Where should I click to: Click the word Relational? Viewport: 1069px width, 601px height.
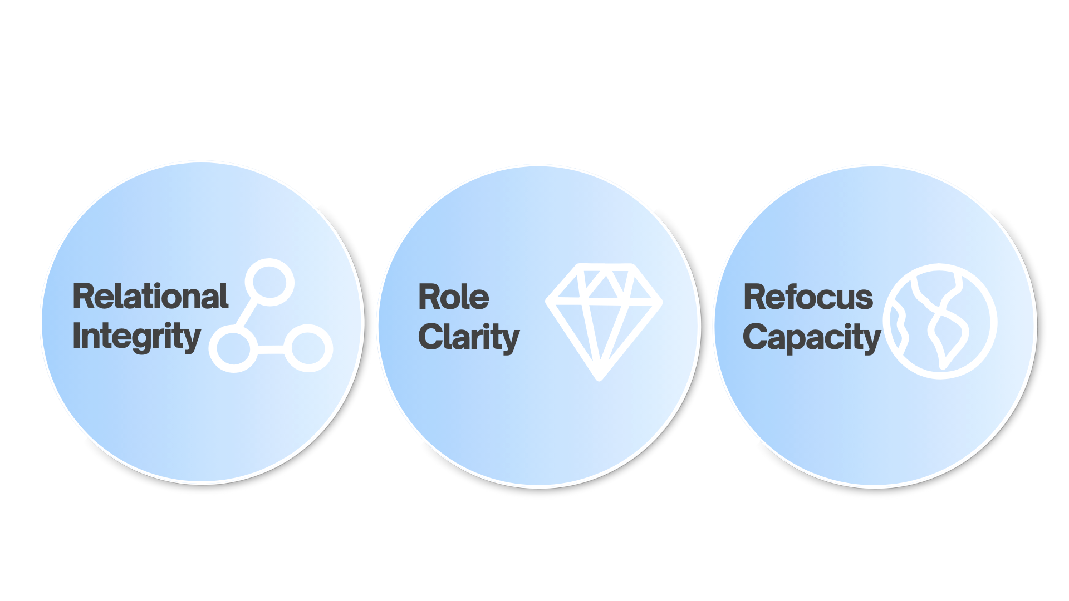tap(150, 296)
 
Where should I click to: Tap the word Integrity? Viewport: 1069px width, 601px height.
tap(136, 337)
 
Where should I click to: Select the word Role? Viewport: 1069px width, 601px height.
tap(453, 297)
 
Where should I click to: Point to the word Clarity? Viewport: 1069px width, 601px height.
tap(468, 338)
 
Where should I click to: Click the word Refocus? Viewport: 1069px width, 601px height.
tap(808, 297)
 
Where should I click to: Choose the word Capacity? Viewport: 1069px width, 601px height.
tap(811, 338)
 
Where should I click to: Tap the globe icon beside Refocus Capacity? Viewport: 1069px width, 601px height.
tap(940, 322)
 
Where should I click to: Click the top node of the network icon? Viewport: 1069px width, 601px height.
tap(269, 282)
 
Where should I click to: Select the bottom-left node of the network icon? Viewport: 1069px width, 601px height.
tap(233, 349)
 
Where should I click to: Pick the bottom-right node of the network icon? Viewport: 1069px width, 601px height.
tap(308, 349)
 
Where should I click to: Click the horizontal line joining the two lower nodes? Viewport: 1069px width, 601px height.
tap(271, 349)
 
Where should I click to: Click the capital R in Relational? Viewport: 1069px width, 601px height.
tap(83, 296)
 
